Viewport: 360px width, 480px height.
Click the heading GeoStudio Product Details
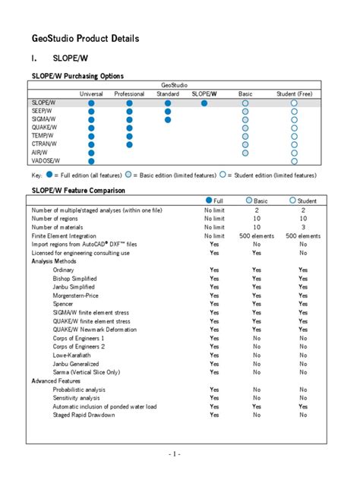point(85,38)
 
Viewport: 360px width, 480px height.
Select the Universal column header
point(92,93)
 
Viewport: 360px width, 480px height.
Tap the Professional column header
point(129,93)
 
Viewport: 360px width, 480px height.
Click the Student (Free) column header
point(294,93)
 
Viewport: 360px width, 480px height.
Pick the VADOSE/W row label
point(46,161)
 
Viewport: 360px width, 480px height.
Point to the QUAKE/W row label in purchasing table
point(44,127)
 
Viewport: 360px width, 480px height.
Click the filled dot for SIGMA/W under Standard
point(167,119)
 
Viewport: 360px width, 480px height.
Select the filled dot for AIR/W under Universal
point(92,153)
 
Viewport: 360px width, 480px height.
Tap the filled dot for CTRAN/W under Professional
point(129,144)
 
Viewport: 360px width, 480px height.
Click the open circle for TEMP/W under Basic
point(245,136)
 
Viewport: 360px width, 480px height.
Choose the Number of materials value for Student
point(303,227)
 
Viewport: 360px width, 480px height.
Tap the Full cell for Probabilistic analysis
point(214,389)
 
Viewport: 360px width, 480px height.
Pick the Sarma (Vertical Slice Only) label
point(87,372)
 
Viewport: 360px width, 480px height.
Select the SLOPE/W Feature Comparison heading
point(78,190)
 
